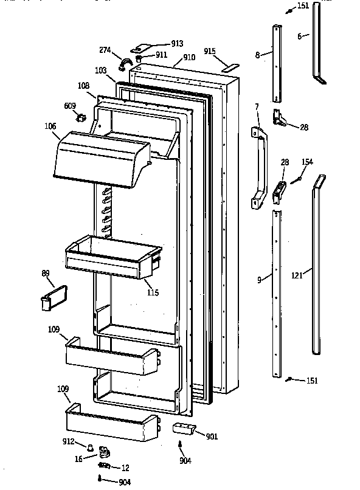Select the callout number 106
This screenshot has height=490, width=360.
point(50,126)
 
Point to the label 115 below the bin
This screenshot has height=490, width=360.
point(152,292)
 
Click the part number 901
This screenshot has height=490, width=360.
point(211,435)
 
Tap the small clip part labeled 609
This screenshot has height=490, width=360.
point(78,117)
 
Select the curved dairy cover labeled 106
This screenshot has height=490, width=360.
point(100,159)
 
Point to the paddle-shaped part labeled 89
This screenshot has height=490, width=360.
point(48,300)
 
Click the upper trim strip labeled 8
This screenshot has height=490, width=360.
point(277,64)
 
